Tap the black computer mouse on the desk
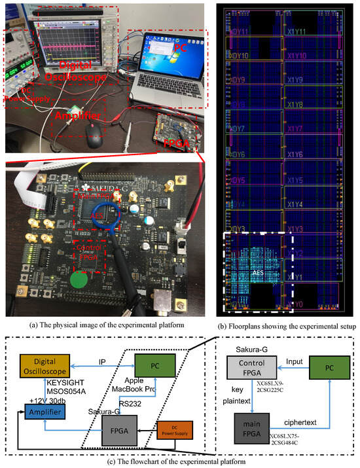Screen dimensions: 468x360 (x=96, y=139)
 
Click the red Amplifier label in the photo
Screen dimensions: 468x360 (x=79, y=116)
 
